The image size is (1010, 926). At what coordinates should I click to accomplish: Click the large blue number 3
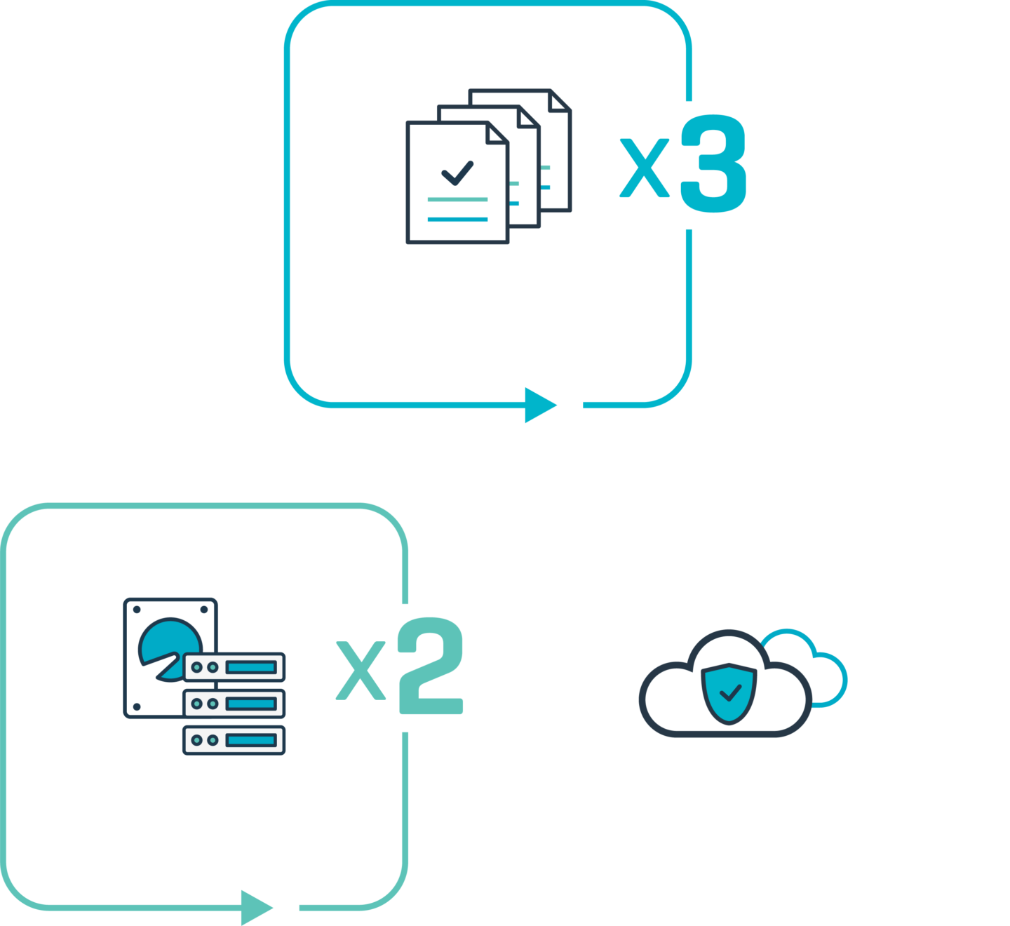[713, 163]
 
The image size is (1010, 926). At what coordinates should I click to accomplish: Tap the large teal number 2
[431, 666]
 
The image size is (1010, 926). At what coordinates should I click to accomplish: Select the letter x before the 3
[645, 168]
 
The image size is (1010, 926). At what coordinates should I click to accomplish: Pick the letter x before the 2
[361, 671]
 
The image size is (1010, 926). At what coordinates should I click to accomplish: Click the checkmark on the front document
[457, 173]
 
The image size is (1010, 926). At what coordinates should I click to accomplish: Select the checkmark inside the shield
[731, 692]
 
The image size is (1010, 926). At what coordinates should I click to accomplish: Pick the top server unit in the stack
[234, 667]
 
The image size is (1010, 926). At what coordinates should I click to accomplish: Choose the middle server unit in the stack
[234, 704]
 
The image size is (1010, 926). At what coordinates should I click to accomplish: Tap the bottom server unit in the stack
[234, 740]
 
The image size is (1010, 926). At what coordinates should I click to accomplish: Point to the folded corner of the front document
[497, 133]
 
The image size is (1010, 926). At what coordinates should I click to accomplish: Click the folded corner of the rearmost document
[559, 101]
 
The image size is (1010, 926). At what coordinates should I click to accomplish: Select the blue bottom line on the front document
[457, 219]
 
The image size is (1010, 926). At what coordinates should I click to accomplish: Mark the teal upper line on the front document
[457, 199]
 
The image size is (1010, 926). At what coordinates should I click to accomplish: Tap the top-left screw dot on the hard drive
[137, 610]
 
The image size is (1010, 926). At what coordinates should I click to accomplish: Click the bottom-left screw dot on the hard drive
[137, 707]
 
